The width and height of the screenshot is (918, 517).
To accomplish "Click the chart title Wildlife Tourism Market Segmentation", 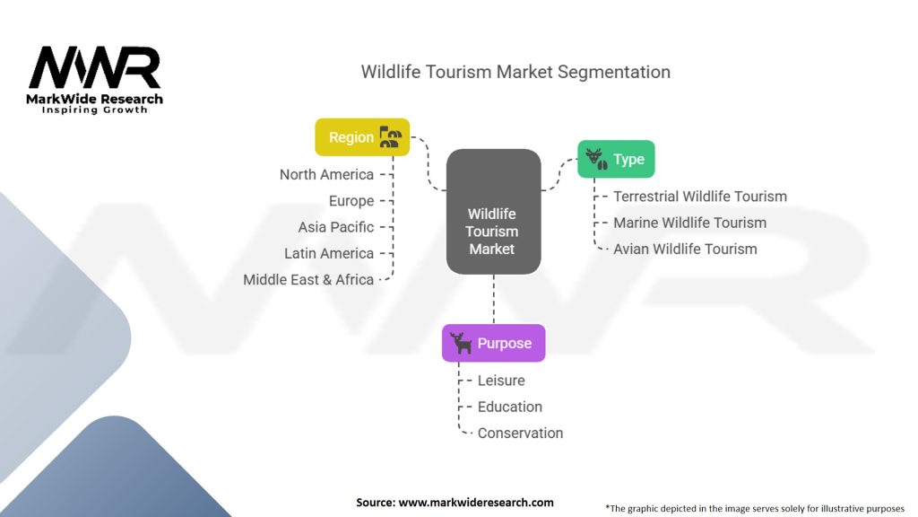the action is pos(515,72).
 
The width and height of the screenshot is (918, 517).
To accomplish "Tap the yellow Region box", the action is pos(362,137).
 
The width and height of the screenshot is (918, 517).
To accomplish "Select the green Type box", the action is pos(616,159).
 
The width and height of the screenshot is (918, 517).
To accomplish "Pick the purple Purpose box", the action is pos(494,343).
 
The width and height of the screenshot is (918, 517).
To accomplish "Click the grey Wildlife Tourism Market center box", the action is pos(494,212).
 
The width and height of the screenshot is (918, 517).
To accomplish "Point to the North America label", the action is pos(326,175).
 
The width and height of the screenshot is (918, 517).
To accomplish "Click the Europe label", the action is pos(351,201).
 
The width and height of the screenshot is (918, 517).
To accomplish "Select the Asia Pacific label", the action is pos(336,227).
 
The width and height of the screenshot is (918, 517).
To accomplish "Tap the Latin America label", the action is pos(329,253).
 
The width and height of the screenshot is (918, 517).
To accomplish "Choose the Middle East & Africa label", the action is pos(308,280).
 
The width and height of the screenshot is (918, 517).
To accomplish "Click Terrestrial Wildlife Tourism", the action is pos(700,197).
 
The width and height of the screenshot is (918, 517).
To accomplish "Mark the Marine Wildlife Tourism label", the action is pos(689,223).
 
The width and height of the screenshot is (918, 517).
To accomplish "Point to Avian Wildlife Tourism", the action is pos(685,250).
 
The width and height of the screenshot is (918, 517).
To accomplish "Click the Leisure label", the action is pos(501,381).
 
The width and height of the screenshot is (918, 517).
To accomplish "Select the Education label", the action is pos(510,407).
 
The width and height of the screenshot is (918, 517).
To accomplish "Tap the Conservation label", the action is pos(521,434).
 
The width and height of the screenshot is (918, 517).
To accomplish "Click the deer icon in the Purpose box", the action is pos(461,343).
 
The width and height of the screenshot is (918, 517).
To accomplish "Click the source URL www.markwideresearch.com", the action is pos(476,503).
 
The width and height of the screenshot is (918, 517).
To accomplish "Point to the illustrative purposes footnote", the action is pos(755,508).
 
